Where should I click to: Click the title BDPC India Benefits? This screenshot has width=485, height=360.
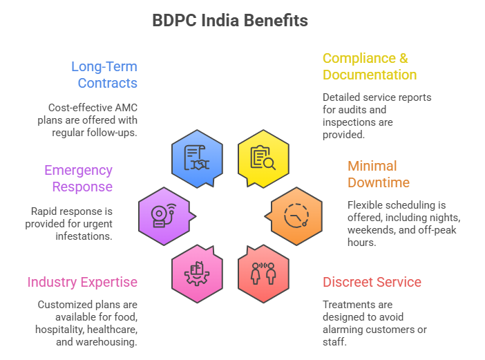click(230, 21)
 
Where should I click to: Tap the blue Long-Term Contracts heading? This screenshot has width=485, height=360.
click(104, 75)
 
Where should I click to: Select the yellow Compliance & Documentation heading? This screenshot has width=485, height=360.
click(370, 66)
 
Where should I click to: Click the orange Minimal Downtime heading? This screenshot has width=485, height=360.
click(379, 174)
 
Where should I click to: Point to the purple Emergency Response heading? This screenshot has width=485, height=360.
click(78, 178)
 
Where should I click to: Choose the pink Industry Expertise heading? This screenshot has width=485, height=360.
click(82, 282)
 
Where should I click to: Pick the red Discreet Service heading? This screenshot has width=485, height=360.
click(372, 282)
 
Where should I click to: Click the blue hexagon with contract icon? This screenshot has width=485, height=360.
click(197, 158)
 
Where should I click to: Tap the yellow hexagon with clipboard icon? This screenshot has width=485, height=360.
click(263, 158)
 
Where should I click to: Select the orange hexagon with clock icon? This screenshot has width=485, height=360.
click(296, 215)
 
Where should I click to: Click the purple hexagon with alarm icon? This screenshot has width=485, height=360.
click(164, 215)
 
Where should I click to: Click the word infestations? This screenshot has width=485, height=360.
click(83, 236)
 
